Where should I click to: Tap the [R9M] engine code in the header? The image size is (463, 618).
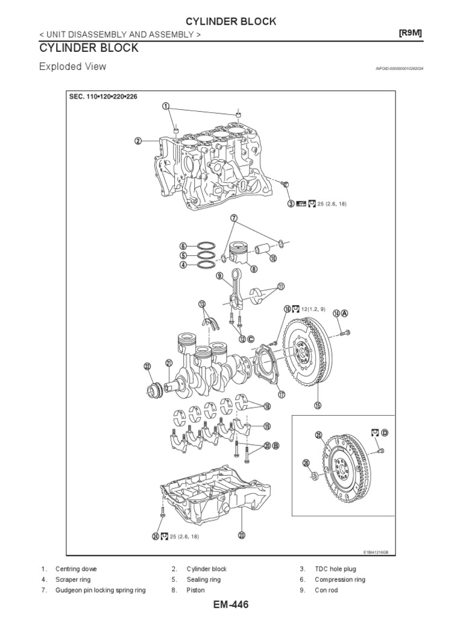click(411, 34)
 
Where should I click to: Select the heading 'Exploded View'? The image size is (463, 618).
click(72, 66)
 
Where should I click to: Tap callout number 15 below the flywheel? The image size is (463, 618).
click(318, 404)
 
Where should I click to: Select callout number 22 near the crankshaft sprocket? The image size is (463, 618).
click(146, 366)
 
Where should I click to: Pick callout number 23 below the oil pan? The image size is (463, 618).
click(242, 534)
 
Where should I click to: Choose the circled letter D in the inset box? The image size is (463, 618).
click(385, 433)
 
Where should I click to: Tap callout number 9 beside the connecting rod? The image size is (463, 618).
click(221, 276)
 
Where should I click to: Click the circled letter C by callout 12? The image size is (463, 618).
click(250, 339)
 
